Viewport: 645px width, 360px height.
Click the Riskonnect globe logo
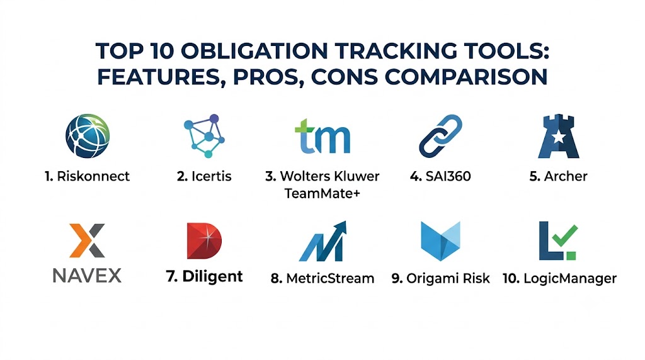click(88, 136)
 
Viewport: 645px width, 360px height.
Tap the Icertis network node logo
click(205, 136)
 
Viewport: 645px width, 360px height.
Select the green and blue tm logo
click(322, 136)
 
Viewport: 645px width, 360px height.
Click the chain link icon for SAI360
click(440, 136)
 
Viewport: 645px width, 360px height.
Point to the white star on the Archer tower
click(558, 137)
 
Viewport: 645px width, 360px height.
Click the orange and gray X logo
click(87, 240)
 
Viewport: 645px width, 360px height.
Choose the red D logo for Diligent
click(204, 241)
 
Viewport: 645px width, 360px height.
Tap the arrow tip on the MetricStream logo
click(344, 223)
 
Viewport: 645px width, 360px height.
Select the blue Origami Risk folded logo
click(440, 241)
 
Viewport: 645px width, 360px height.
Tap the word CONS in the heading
click(345, 77)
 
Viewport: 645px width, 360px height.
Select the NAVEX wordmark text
click(87, 275)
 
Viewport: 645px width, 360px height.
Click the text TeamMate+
click(322, 193)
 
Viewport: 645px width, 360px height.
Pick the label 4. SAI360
click(440, 176)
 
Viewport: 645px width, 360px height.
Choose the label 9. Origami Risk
click(440, 278)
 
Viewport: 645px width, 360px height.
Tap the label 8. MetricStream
click(322, 278)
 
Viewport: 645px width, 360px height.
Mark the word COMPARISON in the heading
click(466, 77)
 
